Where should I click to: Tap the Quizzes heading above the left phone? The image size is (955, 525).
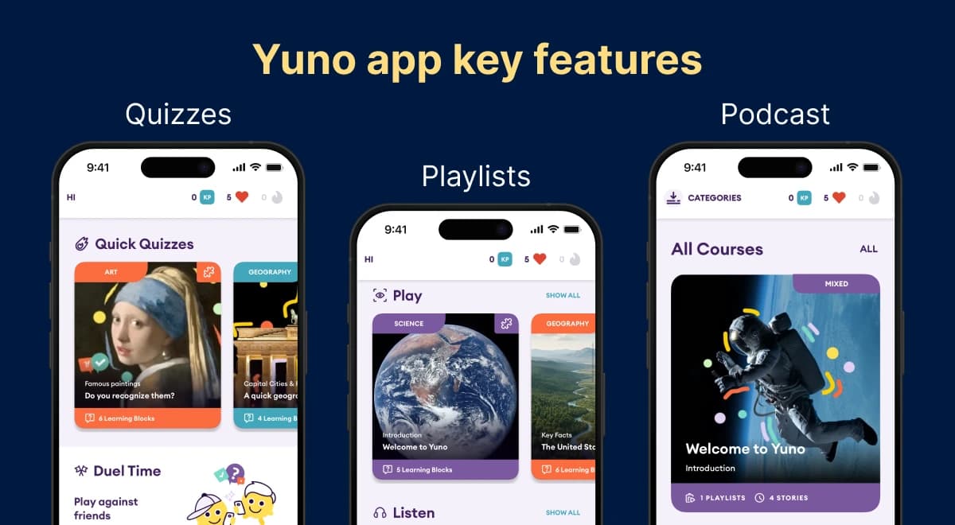tap(178, 114)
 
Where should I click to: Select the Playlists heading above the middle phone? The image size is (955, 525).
tap(476, 176)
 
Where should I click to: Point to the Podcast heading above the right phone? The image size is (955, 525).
tap(775, 114)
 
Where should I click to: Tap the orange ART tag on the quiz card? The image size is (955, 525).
tap(111, 272)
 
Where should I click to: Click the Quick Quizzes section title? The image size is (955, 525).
tap(144, 244)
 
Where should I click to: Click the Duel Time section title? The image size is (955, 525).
tap(127, 471)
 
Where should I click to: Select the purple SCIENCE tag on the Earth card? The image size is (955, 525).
tap(409, 324)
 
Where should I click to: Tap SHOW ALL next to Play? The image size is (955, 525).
tap(563, 296)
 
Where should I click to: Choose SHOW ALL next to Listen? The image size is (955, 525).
tap(563, 513)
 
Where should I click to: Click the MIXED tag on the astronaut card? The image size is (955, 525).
tap(836, 284)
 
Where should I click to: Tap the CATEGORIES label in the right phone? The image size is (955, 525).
tap(714, 198)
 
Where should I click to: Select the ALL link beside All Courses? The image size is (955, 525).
tap(868, 249)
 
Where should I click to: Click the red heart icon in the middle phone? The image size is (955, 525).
tap(540, 259)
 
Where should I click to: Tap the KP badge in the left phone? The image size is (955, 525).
tap(207, 197)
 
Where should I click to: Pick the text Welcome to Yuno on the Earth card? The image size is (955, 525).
tap(415, 447)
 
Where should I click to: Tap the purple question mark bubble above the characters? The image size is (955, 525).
tap(236, 474)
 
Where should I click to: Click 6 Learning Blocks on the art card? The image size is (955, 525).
tap(127, 418)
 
